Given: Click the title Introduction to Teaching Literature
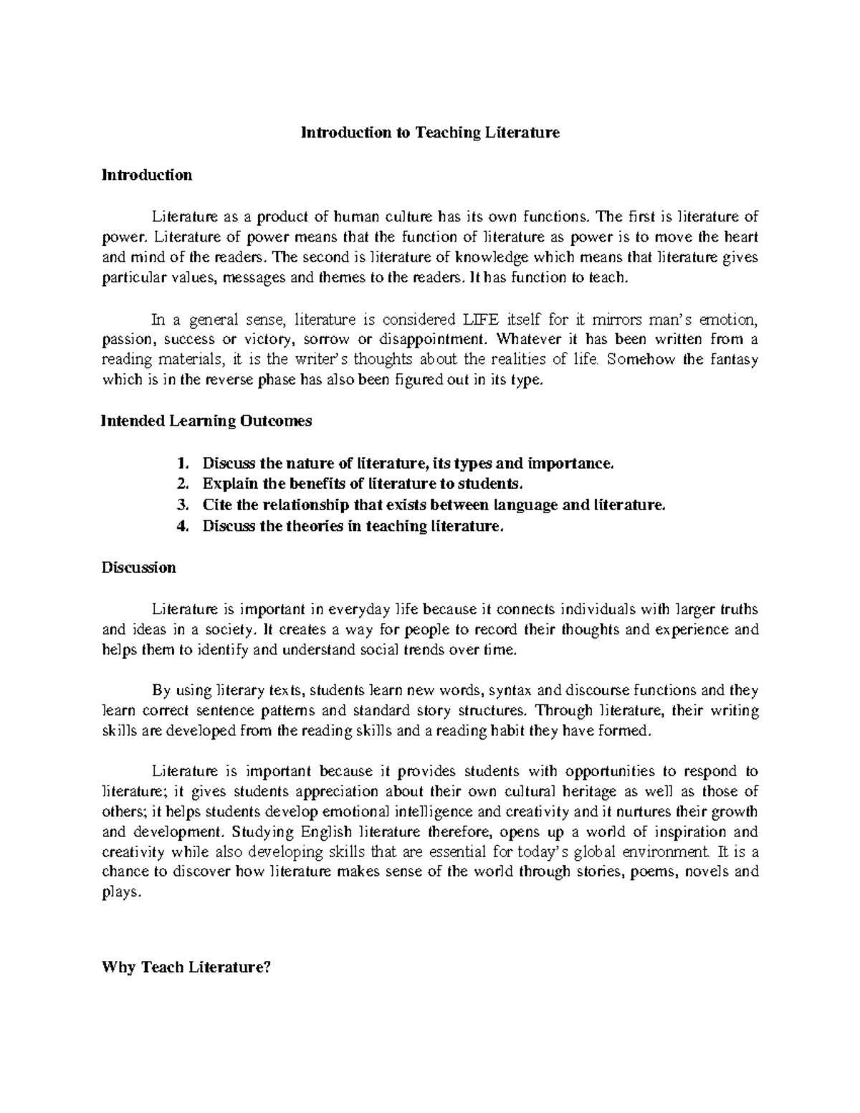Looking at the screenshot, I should (429, 133).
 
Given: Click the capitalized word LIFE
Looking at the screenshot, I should (479, 318).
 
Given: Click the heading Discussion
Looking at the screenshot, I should (138, 568).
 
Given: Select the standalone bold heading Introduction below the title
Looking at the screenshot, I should (146, 175).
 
